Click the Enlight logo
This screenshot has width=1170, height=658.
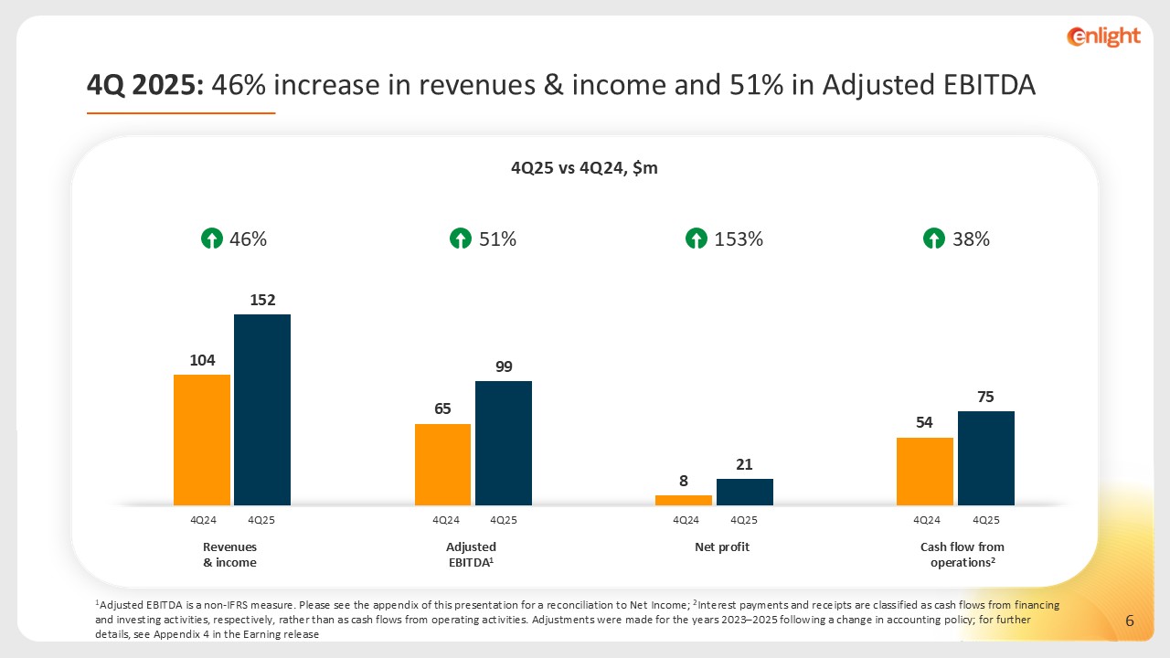[1103, 37]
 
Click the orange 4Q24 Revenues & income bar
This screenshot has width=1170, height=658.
[202, 440]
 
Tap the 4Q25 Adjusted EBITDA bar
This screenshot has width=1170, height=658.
[504, 443]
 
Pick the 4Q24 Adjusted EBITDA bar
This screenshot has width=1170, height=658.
[442, 464]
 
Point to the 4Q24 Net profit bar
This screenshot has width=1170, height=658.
[684, 500]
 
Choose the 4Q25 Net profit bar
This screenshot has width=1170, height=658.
[745, 492]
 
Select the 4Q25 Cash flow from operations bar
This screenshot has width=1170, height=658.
[986, 458]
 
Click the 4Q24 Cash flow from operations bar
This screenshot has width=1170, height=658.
[925, 472]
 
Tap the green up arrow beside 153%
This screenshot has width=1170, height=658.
[697, 239]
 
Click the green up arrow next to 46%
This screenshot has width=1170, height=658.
[211, 239]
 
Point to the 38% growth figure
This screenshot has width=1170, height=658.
[970, 239]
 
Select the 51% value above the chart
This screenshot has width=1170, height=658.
[497, 239]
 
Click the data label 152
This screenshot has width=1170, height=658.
[262, 299]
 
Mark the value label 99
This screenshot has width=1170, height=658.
[504, 366]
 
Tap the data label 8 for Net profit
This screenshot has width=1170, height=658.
[683, 480]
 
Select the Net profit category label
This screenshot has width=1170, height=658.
[722, 547]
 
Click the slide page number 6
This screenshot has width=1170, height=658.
[1130, 621]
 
